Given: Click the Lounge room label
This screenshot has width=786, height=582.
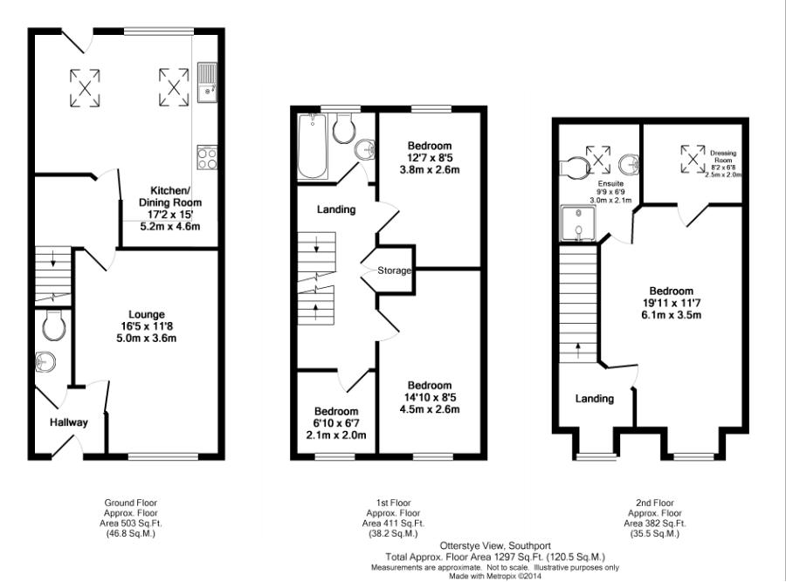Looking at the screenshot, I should pyautogui.click(x=147, y=314).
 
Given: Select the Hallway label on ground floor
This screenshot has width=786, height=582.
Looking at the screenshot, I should pyautogui.click(x=68, y=422).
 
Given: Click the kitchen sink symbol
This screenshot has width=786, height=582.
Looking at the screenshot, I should pyautogui.click(x=207, y=82).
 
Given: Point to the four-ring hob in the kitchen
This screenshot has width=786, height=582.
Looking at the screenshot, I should pyautogui.click(x=207, y=158).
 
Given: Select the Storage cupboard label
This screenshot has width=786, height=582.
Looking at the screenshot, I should pyautogui.click(x=394, y=270).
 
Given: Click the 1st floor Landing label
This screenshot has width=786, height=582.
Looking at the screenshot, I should pyautogui.click(x=336, y=209).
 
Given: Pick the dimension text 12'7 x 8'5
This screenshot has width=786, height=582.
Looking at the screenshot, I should pyautogui.click(x=429, y=157).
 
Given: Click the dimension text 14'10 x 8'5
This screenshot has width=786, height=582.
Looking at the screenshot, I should pyautogui.click(x=429, y=397).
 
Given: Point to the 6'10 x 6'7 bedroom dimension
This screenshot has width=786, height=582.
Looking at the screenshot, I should pyautogui.click(x=336, y=423).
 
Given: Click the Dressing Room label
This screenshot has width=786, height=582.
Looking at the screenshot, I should pyautogui.click(x=722, y=157).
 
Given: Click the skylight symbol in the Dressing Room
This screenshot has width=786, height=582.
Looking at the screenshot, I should pyautogui.click(x=693, y=158).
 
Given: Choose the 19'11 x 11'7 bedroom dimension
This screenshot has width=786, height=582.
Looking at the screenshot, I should pyautogui.click(x=671, y=305).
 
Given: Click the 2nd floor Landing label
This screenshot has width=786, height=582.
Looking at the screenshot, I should pyautogui.click(x=594, y=399).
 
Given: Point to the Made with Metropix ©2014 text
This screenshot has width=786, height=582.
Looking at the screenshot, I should pyautogui.click(x=495, y=575).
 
